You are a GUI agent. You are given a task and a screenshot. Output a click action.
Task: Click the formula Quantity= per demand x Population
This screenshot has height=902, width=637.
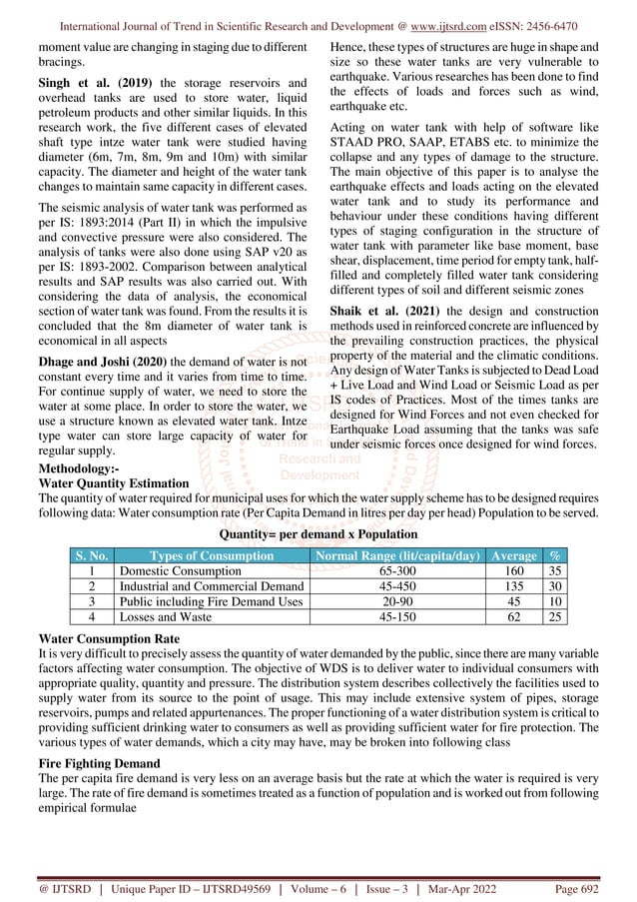(x=318, y=534)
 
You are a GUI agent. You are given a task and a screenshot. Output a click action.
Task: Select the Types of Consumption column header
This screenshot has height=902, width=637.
(x=210, y=555)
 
